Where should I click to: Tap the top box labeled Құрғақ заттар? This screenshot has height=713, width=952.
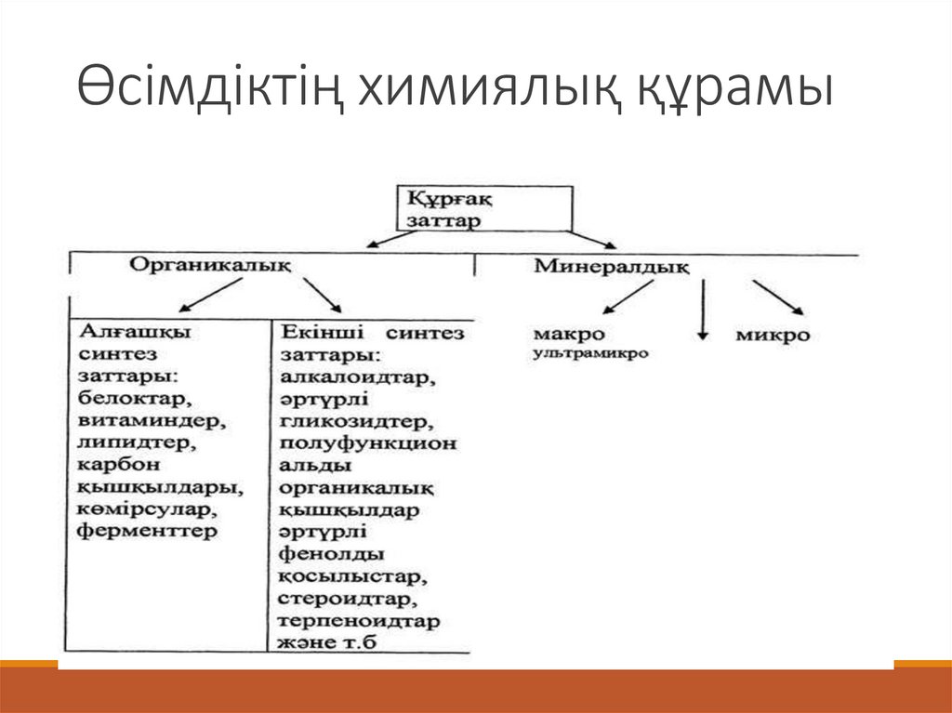coord(484,208)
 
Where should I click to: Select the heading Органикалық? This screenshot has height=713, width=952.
coord(210,264)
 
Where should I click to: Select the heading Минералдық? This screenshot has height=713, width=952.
coord(611,267)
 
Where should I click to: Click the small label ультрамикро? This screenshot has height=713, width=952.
coord(590,353)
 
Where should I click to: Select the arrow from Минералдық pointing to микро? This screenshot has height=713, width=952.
coord(778,297)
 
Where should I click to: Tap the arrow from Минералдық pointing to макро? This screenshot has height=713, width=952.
coord(629,297)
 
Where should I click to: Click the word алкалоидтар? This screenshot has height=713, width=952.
coord(357,378)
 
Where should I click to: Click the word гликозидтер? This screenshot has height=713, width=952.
coord(353,422)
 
